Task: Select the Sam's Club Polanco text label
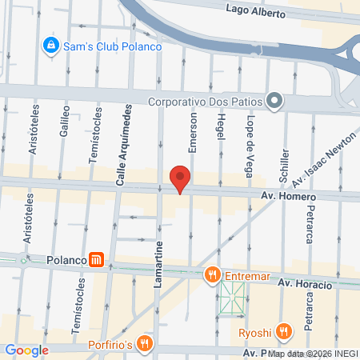114,46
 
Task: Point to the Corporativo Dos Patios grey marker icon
274,101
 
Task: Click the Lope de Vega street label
250,138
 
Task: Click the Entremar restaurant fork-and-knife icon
212,275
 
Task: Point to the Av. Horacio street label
304,284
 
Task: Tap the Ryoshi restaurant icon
283,331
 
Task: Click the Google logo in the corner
26,350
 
